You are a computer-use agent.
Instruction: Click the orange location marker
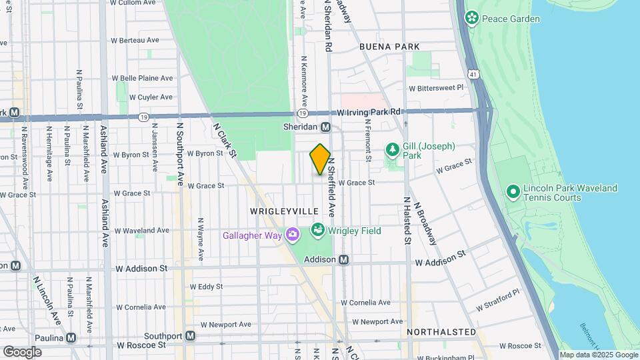(x=320, y=159)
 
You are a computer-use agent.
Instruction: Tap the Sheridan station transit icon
(x=326, y=127)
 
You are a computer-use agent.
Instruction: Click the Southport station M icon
(x=190, y=335)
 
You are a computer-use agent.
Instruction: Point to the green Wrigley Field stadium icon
(x=318, y=231)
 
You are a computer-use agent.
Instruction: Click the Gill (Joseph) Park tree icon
(x=393, y=150)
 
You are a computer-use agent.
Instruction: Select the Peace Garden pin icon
(x=472, y=18)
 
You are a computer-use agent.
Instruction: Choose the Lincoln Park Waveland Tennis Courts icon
(x=513, y=193)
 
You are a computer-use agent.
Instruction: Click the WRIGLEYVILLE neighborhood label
(x=284, y=211)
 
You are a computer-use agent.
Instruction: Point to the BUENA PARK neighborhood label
(x=389, y=47)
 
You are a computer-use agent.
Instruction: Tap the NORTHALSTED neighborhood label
(x=442, y=331)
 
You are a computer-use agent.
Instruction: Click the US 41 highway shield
(x=473, y=70)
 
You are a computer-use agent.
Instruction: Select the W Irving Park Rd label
(x=369, y=112)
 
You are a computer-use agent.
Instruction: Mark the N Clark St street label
(x=225, y=139)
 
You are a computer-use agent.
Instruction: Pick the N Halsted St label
(x=405, y=221)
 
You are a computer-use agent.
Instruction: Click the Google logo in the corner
(x=21, y=351)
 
